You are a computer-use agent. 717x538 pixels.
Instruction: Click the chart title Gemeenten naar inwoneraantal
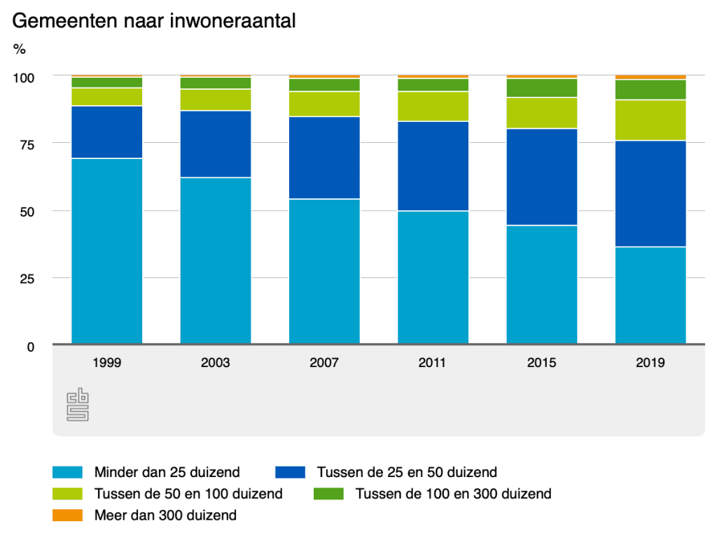coord(154,21)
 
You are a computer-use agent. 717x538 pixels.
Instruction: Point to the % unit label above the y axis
coord(20,49)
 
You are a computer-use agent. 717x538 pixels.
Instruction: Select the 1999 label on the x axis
coord(106,363)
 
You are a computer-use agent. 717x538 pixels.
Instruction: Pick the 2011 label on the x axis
coord(433,363)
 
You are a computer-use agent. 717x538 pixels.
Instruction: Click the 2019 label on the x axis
coord(650,363)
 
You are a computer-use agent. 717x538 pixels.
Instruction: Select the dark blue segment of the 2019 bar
coord(650,193)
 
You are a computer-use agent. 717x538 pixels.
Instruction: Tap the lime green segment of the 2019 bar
coord(650,120)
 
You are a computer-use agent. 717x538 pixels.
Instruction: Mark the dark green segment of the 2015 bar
coord(542,88)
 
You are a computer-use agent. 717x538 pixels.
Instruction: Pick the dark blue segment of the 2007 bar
coord(324,158)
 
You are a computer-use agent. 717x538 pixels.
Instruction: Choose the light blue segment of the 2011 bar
coord(433,277)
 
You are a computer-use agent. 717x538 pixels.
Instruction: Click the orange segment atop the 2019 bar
coord(650,77)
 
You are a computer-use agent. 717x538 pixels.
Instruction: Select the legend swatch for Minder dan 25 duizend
coord(68,472)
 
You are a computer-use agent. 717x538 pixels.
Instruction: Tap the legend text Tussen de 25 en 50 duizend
coord(407,472)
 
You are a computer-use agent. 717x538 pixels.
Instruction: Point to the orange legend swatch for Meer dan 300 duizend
coord(68,516)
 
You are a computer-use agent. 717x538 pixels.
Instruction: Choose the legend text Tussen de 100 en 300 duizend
coord(453,494)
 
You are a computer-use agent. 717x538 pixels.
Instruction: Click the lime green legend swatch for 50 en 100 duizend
coord(68,494)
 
